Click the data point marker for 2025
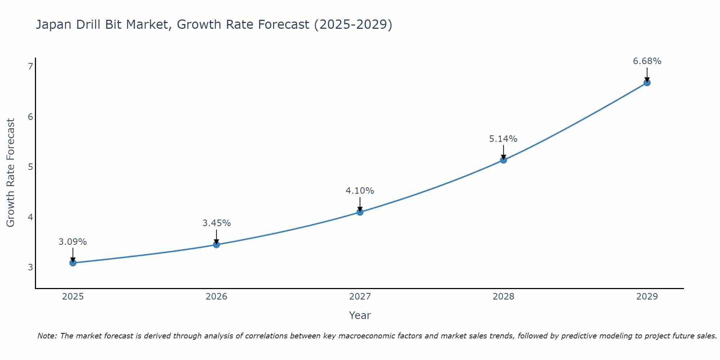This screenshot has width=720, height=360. click(73, 263)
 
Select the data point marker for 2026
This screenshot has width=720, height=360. click(216, 245)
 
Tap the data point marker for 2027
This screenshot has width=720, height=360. click(360, 212)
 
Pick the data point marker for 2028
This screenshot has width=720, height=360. click(503, 160)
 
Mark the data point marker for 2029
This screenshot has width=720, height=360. click(647, 83)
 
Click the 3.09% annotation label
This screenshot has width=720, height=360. click(73, 242)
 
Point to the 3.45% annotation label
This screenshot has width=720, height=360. click(216, 223)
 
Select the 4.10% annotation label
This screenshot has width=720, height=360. click(360, 191)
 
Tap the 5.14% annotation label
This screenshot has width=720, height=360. click(503, 139)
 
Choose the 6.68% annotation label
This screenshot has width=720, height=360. click(647, 61)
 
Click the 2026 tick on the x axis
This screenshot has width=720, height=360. click(216, 297)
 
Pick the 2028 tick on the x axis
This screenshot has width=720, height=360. click(503, 297)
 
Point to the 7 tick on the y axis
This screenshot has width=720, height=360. click(30, 66)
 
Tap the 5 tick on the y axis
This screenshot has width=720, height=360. click(30, 167)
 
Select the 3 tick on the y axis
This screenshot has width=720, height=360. click(30, 267)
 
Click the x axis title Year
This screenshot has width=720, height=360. click(360, 315)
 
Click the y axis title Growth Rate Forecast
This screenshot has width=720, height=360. click(11, 173)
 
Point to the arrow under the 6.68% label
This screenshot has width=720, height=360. click(647, 75)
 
